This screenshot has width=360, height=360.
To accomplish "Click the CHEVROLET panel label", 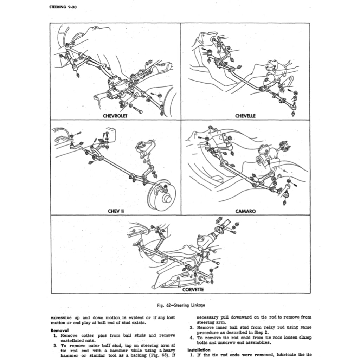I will (115, 116).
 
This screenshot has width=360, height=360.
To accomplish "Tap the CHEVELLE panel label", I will (245, 116).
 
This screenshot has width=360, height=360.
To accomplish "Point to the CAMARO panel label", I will (245, 211).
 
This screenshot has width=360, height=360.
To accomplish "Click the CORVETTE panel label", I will (193, 290).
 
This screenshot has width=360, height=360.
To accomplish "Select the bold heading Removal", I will (59, 330).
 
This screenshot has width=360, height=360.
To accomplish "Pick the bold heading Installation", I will (199, 350).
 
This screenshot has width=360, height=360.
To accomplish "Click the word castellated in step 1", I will (73, 340).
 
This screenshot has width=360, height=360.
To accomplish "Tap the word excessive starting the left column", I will (62, 317).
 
